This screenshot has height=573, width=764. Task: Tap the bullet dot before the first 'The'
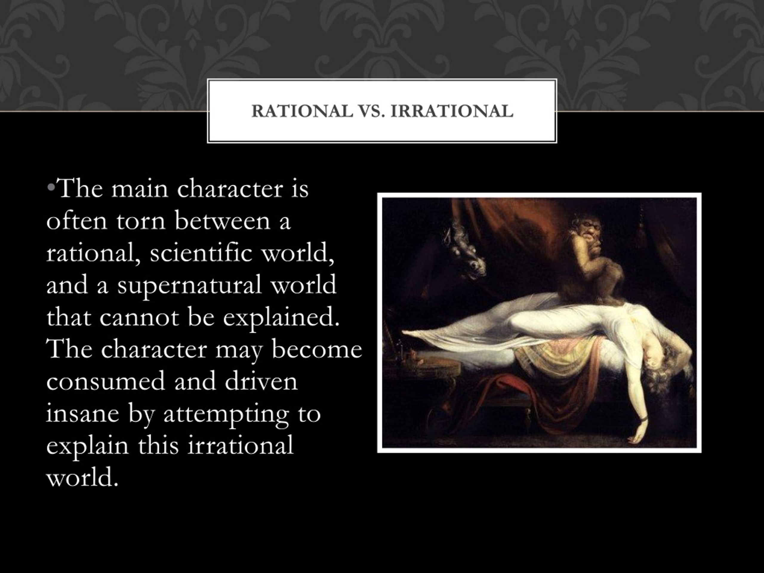[x=51, y=187]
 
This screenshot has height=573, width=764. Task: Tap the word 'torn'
[x=141, y=221]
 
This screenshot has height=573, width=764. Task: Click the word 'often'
[x=77, y=221]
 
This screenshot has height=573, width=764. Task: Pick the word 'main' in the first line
[x=139, y=189]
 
